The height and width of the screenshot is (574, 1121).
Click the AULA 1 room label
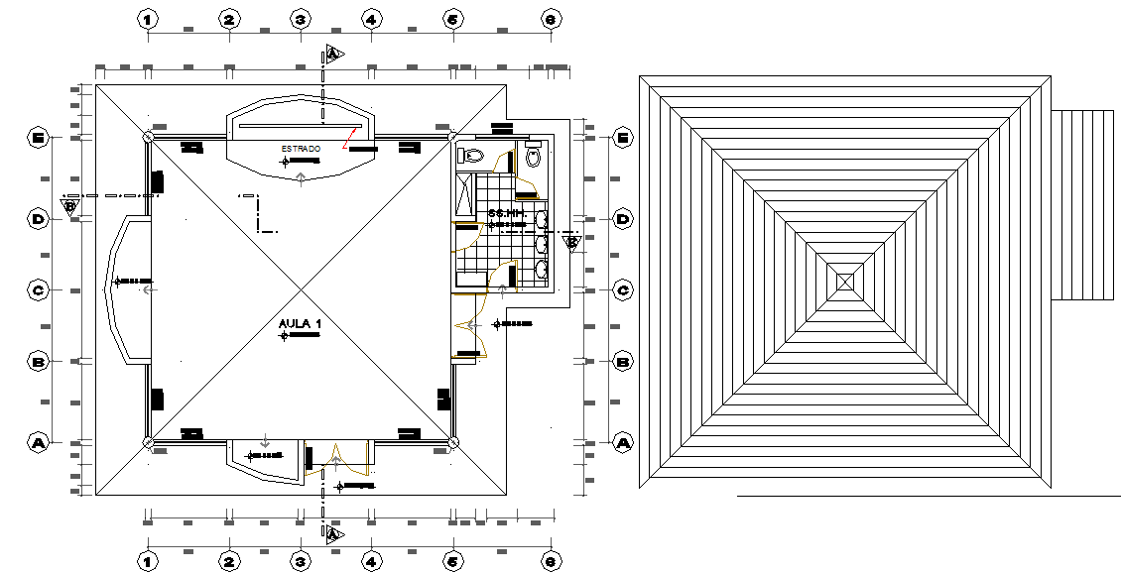coord(300,324)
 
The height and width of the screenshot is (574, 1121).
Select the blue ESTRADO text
coord(301,149)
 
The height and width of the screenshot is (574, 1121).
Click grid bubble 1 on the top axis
coord(148,19)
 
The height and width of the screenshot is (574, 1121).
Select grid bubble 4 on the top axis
coord(371,19)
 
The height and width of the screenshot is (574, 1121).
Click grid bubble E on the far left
coord(39,138)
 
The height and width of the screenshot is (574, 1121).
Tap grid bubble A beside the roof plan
coord(623,443)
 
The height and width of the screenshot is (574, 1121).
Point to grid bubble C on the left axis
coord(39,290)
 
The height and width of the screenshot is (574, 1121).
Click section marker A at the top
coord(333,54)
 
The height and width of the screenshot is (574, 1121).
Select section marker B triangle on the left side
coord(69,206)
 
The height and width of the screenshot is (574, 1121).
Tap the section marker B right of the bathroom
coord(571,241)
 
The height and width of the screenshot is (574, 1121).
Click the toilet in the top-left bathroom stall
coord(471,155)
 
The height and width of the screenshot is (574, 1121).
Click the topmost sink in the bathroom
coord(541,218)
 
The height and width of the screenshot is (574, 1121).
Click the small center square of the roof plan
coord(845,282)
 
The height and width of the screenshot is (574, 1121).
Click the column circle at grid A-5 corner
coord(452,442)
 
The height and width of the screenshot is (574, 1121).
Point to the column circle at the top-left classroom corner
coord(148,137)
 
